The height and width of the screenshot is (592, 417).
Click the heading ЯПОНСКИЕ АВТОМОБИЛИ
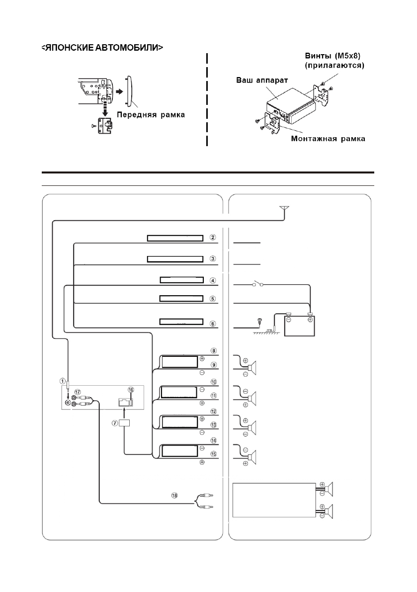[102, 48]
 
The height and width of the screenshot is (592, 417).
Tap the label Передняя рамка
[151, 115]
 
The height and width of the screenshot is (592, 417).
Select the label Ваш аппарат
[262, 81]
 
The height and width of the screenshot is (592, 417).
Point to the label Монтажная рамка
[328, 139]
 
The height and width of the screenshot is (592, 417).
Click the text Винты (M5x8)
[333, 56]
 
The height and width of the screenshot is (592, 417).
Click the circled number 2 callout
[213, 238]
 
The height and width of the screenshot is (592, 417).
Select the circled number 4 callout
[213, 280]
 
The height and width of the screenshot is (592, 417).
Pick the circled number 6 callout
[213, 324]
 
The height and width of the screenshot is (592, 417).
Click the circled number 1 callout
[63, 381]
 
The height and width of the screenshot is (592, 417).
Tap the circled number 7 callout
[115, 423]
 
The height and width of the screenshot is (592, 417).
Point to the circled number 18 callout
[174, 496]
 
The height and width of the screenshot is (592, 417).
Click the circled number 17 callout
[78, 392]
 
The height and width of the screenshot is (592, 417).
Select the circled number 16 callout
[131, 390]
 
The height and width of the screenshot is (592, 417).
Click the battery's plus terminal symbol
[310, 320]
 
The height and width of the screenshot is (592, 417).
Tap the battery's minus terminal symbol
[288, 320]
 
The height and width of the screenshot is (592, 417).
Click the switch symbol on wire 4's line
[257, 283]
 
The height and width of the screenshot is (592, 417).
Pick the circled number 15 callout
[214, 454]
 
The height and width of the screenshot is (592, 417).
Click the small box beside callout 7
[124, 423]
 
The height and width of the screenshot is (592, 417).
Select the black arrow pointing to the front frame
[119, 92]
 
